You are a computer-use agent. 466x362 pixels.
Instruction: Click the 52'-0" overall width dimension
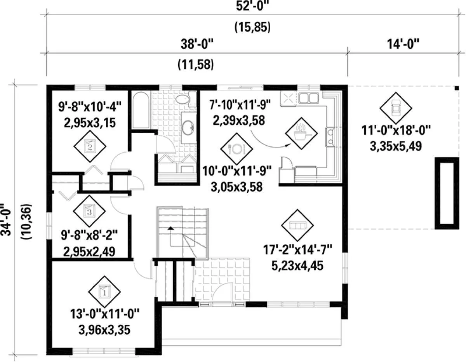coord(252,7)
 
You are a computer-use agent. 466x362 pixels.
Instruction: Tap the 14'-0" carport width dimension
coord(403,44)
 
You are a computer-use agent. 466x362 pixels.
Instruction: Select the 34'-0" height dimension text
coord(6,219)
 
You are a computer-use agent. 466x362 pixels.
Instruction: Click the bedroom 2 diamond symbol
coord(90,146)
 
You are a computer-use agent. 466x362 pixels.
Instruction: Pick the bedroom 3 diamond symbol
coord(89,211)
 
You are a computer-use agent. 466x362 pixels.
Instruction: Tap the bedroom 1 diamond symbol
coord(104,292)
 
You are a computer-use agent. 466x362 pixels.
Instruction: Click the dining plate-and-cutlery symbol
coord(236,149)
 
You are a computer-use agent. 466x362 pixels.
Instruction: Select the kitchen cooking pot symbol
coord(301,133)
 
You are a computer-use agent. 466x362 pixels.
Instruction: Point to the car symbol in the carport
coord(396,108)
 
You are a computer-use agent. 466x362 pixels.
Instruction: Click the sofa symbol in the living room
coord(297,225)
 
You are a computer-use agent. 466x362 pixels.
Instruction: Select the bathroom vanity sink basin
coord(188,128)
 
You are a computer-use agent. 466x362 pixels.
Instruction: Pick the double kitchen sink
coord(309,98)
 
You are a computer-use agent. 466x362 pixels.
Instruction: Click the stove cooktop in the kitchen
coord(289,98)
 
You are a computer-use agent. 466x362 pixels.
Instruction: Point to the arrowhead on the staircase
coord(170,228)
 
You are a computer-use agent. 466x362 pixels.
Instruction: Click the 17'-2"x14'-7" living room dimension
coord(297,250)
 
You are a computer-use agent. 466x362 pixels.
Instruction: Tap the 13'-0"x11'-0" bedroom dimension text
coord(105,314)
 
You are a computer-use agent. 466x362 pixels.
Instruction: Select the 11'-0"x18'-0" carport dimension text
coord(396,130)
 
